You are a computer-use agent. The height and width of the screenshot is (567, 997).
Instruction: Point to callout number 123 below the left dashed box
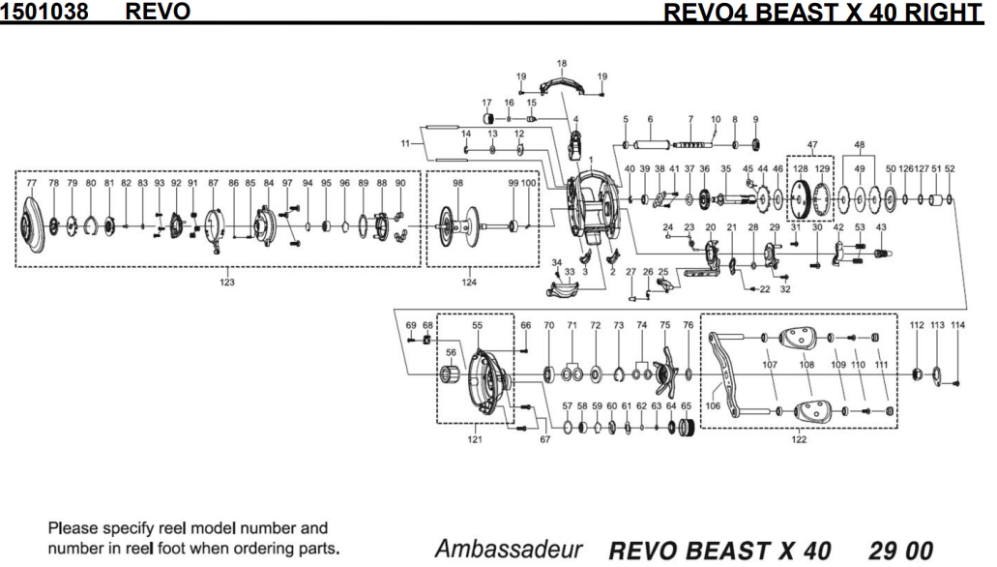(x=226, y=283)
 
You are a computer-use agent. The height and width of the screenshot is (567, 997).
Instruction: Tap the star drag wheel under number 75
(x=664, y=370)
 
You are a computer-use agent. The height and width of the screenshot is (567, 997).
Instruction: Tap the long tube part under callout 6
(x=650, y=145)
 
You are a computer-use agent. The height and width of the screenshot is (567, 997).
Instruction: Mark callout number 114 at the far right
(x=957, y=325)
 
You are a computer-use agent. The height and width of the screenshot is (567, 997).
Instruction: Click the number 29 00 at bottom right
(x=901, y=550)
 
